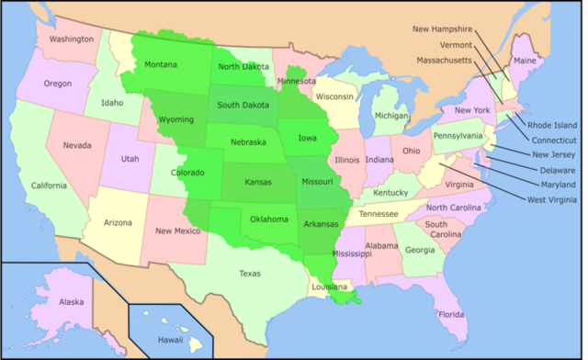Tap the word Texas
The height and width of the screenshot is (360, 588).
click(250, 273)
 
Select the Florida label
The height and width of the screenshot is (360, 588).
click(451, 314)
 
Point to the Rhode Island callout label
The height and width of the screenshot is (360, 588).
click(553, 125)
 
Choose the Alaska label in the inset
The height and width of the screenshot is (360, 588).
click(45, 301)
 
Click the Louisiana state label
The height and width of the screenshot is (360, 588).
click(329, 287)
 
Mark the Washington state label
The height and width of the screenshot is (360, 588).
click(72, 39)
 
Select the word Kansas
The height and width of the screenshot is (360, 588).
click(258, 182)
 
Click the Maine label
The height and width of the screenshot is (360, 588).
click(525, 61)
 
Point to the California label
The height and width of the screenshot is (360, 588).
click(48, 186)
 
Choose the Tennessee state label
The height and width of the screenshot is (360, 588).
click(379, 214)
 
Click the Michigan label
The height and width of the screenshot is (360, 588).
click(390, 117)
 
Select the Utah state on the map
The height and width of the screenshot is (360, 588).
click(130, 159)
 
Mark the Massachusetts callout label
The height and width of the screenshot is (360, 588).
click(443, 60)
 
